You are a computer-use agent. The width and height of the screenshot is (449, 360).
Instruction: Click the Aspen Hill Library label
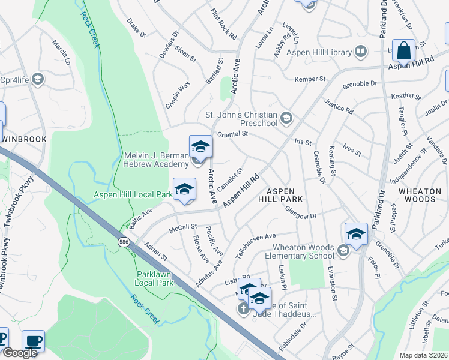[318, 52]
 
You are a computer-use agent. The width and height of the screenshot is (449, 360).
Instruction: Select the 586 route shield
[124, 242]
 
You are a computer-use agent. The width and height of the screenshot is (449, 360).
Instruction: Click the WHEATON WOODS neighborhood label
[419, 194]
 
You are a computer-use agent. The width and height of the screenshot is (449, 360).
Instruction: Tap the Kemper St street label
[309, 79]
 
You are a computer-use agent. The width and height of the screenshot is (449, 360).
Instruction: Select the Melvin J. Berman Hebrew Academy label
[156, 160]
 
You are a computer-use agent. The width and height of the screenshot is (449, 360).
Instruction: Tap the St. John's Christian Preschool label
[241, 119]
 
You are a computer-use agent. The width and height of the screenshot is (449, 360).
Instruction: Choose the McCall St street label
[182, 227]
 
